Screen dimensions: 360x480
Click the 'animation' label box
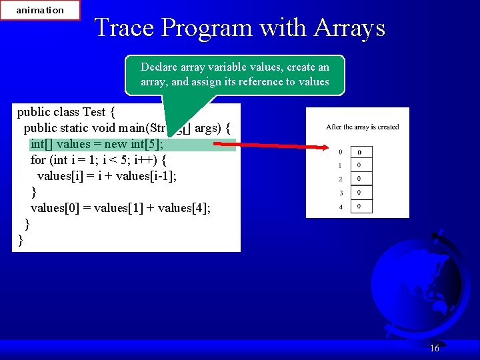[x=40, y=10]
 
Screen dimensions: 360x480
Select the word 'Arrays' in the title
[x=351, y=27]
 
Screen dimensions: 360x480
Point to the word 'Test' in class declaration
[x=94, y=111]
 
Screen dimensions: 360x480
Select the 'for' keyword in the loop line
[x=38, y=160]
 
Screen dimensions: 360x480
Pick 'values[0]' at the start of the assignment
[x=55, y=208]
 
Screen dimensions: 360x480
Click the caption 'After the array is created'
[x=362, y=127]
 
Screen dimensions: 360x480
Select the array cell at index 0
[x=360, y=152]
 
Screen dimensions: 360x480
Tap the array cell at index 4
[x=360, y=207]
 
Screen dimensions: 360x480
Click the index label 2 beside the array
[x=341, y=179]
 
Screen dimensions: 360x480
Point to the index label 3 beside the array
[x=341, y=193]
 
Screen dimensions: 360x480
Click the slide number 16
[x=435, y=348]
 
